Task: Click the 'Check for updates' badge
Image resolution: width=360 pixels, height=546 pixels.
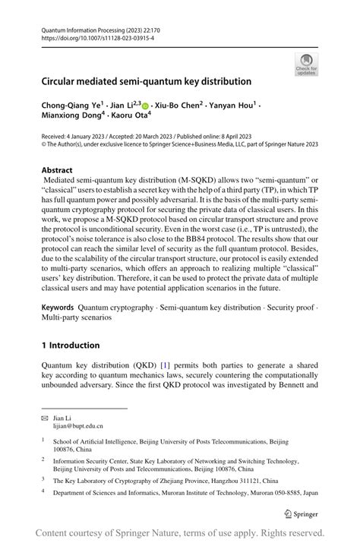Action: pyautogui.click(x=306, y=64)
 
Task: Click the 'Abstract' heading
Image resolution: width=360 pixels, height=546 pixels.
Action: pyautogui.click(x=58, y=170)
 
